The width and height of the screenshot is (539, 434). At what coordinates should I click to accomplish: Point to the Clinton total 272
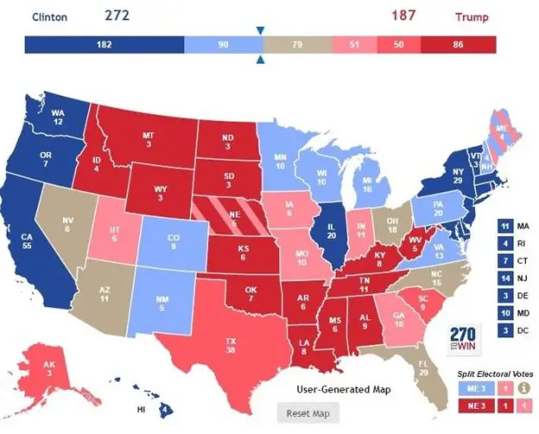point(119,15)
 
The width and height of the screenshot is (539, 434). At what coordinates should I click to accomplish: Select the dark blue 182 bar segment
point(104,45)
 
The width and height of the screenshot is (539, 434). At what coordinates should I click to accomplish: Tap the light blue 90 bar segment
point(222,45)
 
